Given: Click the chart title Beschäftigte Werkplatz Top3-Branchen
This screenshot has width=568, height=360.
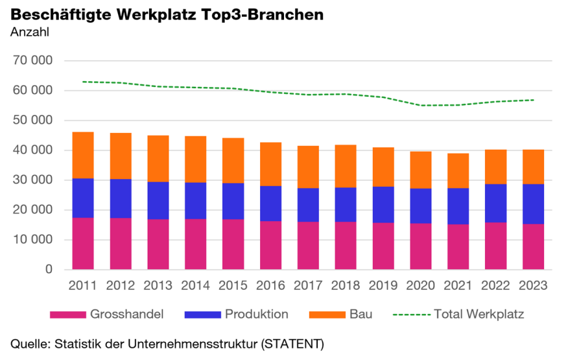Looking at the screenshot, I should point(167,14).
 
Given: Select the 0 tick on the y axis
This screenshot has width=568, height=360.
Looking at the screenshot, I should point(49,270).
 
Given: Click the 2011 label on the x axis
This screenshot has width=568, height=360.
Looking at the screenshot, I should point(82,285).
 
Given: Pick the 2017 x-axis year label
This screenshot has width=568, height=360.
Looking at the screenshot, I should point(308,285).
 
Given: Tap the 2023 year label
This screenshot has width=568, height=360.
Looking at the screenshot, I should point(534,285).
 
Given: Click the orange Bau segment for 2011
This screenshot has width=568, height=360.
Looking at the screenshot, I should point(82,155).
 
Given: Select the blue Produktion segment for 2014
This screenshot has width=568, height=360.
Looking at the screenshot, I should point(195,201).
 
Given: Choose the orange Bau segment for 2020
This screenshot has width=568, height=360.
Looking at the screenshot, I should point(421,170).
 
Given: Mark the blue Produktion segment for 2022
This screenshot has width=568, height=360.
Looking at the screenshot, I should point(496,204).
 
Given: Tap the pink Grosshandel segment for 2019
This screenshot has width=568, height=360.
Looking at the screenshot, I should point(383,246).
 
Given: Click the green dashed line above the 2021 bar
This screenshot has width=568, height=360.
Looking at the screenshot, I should point(458,104).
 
